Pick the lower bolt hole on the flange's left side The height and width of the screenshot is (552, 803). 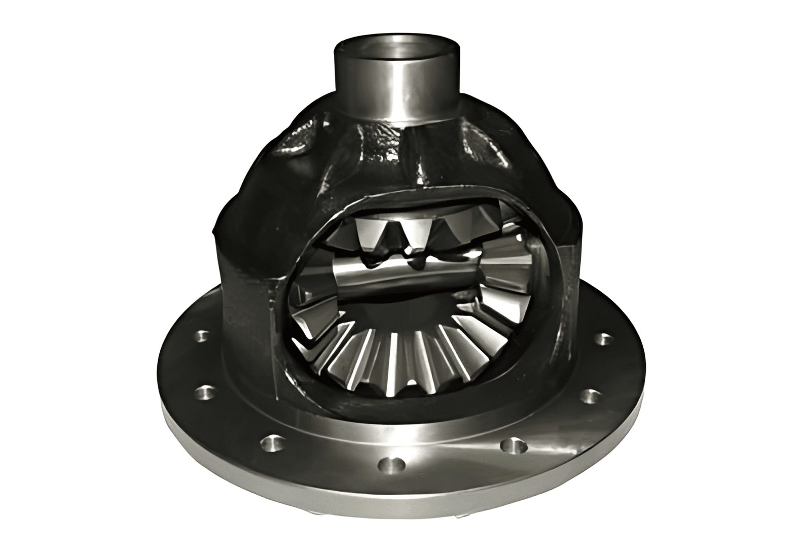(x=204, y=391)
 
